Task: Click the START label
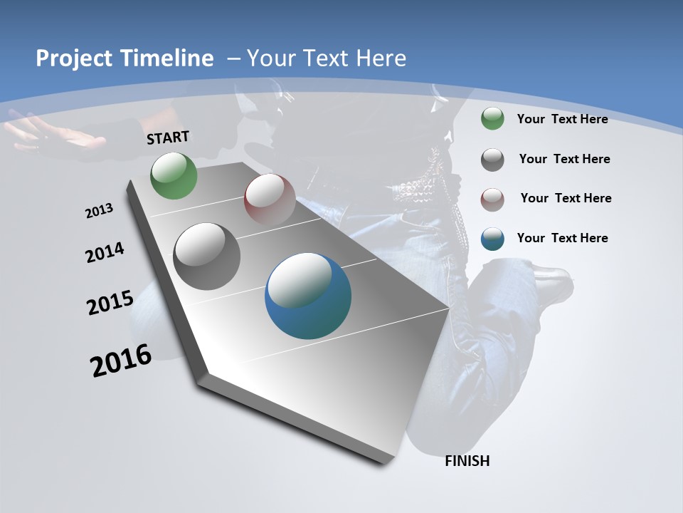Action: tap(168, 138)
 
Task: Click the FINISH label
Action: tap(467, 461)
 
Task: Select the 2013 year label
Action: tap(100, 211)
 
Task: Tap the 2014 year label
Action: tap(105, 253)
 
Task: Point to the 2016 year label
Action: tap(121, 361)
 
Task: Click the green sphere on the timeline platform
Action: tap(174, 176)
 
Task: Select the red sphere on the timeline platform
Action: tap(270, 199)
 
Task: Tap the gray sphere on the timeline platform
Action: tap(207, 256)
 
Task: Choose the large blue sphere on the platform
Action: tap(308, 296)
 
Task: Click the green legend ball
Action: tap(492, 119)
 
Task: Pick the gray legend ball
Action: tap(492, 160)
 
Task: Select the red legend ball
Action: tap(492, 199)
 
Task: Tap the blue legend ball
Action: tap(492, 239)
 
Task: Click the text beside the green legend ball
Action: tap(562, 119)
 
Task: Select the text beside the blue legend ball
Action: tap(562, 238)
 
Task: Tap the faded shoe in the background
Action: tap(551, 279)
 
